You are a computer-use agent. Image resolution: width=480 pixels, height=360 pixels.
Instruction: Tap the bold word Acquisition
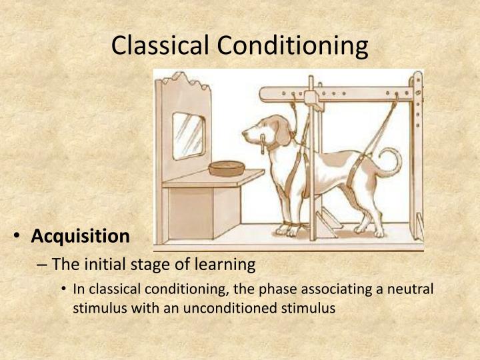coord(81,236)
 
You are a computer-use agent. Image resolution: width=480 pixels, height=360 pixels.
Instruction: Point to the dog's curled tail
coord(389,163)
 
